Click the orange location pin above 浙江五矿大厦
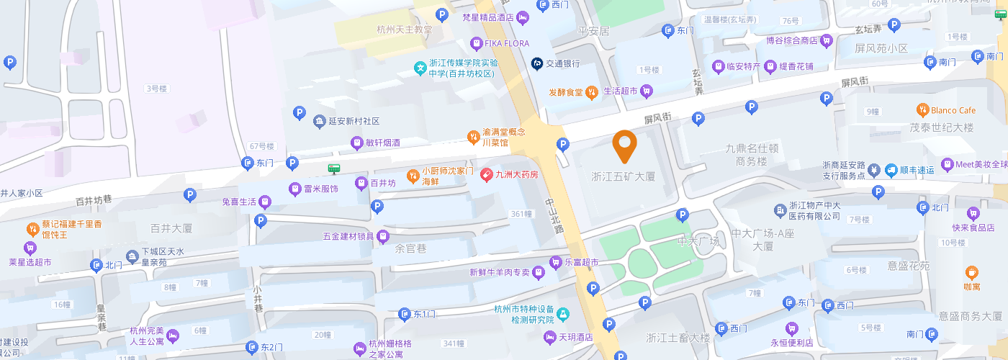click(x=624, y=146)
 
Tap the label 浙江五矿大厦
click(x=624, y=176)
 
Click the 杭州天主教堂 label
click(x=405, y=30)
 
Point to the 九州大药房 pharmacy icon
click(x=486, y=174)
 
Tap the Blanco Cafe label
click(x=953, y=110)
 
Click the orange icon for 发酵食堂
click(x=591, y=91)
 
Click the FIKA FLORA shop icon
click(x=475, y=44)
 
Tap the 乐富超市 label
click(x=582, y=262)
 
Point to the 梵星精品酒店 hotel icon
click(x=523, y=17)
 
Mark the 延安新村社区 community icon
click(x=320, y=121)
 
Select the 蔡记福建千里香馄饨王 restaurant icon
click(x=33, y=230)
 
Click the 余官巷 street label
click(x=411, y=249)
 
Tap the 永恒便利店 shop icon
click(x=791, y=328)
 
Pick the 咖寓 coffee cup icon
click(x=972, y=273)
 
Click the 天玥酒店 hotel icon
click(x=551, y=336)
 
